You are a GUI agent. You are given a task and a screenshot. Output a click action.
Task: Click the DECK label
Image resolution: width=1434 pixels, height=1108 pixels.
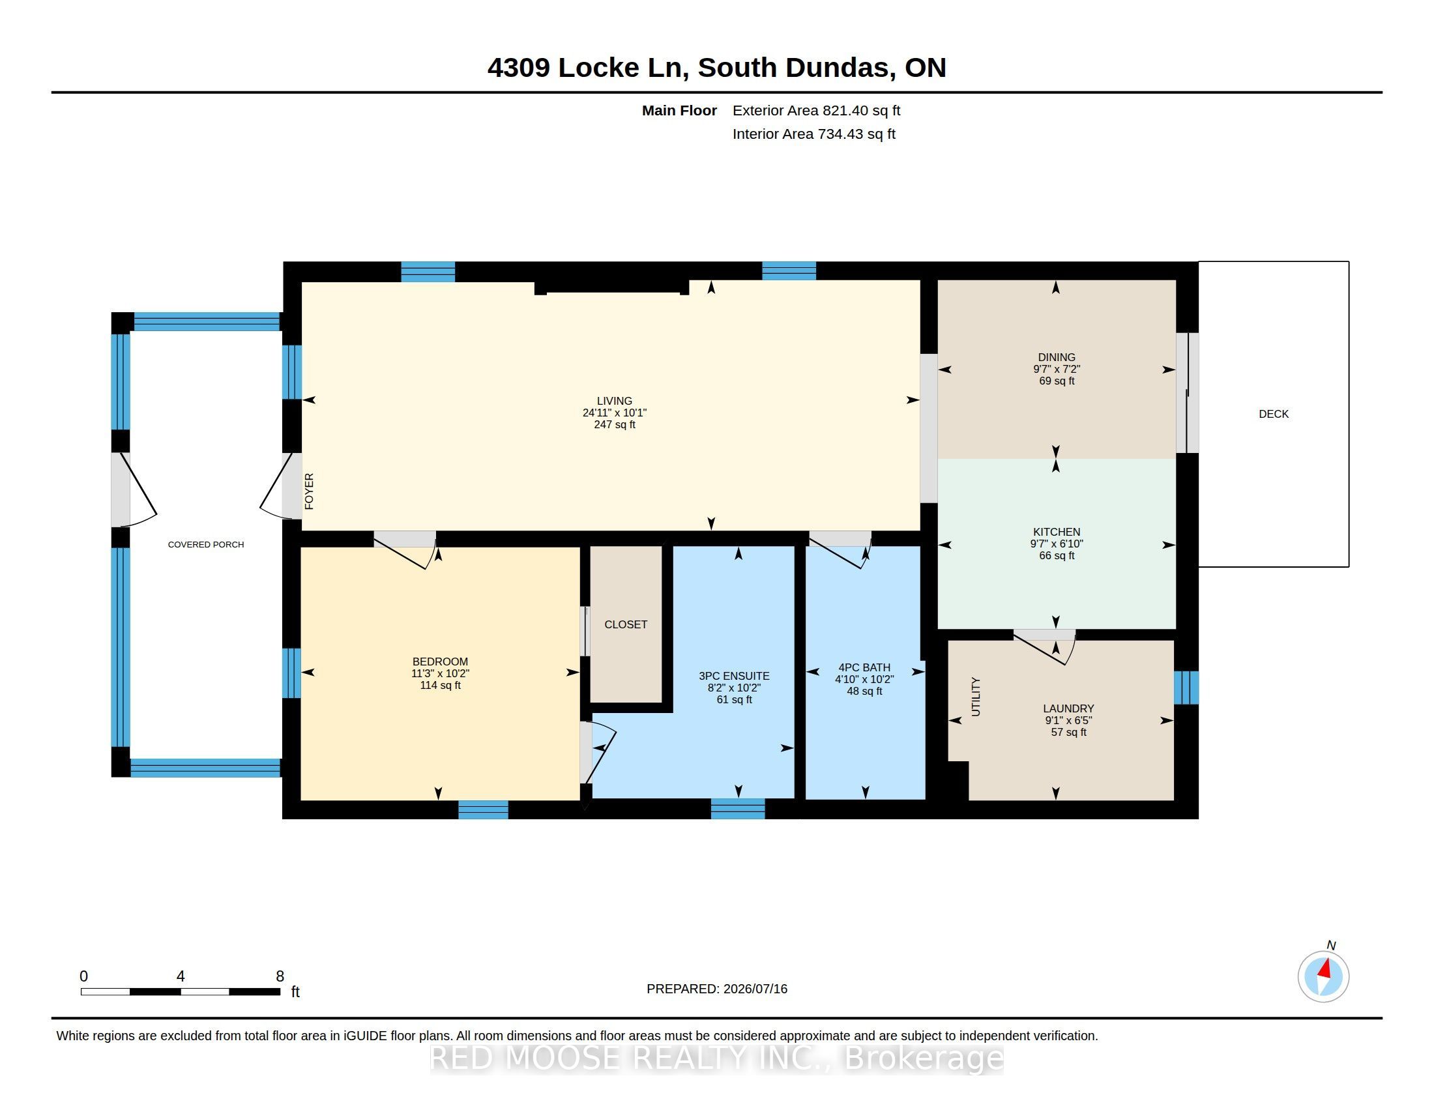click(1273, 414)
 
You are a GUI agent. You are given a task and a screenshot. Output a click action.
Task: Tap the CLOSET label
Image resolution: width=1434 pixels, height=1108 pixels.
click(626, 624)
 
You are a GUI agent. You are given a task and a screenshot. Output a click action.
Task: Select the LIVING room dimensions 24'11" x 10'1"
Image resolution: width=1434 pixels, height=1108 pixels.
click(615, 413)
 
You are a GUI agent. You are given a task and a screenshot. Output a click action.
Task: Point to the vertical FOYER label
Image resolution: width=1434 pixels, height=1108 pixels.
click(309, 491)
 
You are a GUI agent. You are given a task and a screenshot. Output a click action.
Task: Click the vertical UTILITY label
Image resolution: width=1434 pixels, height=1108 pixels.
click(976, 697)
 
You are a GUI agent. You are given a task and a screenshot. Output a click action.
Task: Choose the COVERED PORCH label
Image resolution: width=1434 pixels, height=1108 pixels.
click(206, 544)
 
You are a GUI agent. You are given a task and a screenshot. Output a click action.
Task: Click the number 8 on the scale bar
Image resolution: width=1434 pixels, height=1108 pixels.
click(280, 976)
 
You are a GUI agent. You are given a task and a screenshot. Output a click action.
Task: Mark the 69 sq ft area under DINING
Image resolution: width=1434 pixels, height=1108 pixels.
click(1057, 381)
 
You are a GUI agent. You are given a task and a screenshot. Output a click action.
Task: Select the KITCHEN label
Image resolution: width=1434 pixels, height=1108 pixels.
click(1057, 532)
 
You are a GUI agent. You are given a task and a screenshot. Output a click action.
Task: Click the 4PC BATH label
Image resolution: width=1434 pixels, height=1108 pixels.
click(864, 667)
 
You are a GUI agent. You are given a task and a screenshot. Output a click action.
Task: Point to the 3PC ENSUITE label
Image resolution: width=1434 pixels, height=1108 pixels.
click(734, 676)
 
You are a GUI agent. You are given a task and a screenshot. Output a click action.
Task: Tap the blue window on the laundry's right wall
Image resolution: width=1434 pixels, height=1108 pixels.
click(1186, 687)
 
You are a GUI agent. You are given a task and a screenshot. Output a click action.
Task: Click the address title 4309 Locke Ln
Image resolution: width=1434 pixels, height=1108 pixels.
click(588, 68)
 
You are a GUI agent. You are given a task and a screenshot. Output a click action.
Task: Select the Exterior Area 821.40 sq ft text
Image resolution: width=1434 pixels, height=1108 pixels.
click(816, 110)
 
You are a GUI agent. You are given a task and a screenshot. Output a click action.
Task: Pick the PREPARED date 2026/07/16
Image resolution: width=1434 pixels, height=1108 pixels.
click(754, 989)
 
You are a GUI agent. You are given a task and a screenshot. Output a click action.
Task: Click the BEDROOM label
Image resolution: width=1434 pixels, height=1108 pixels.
click(440, 662)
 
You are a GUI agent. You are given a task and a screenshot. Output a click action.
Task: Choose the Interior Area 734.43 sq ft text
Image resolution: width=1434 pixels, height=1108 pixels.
click(813, 134)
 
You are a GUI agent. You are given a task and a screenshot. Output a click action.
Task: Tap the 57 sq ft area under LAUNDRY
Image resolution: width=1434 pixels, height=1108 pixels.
click(1068, 732)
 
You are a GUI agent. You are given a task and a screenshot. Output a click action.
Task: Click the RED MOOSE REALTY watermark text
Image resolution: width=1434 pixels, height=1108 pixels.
click(717, 1058)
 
